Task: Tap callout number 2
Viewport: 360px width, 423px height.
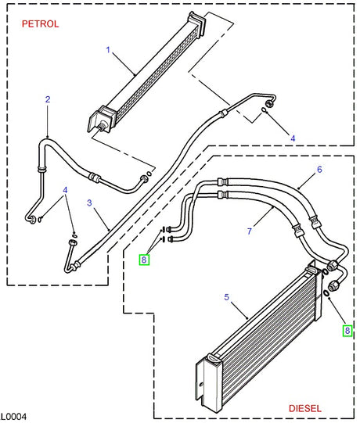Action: pos(48,99)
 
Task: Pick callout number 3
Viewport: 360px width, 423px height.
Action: pos(90,203)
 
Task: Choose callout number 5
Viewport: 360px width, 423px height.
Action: pos(226,297)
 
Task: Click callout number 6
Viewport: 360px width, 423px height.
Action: pos(319,170)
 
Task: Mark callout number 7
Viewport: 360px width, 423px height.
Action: pos(249,231)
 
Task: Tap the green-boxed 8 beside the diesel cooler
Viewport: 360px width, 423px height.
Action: pos(347,331)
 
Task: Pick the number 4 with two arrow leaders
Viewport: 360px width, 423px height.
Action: pos(66,190)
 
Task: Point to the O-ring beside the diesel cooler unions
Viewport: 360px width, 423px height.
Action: pos(325,293)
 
